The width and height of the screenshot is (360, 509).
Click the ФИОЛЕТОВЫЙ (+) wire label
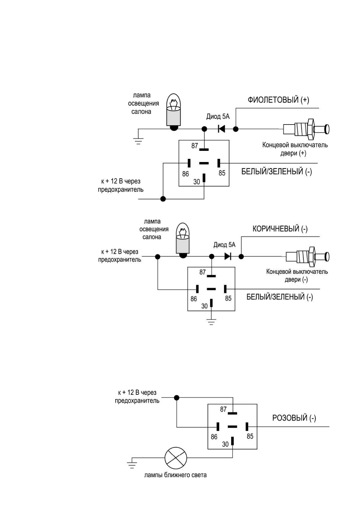(x=278, y=100)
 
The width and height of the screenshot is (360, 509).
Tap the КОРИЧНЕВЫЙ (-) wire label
(x=280, y=229)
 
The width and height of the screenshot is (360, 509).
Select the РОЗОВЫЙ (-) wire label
(x=294, y=418)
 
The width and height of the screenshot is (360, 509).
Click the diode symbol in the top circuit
(x=221, y=129)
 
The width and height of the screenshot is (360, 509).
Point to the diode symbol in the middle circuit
(x=228, y=257)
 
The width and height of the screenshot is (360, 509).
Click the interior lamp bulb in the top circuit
(x=174, y=112)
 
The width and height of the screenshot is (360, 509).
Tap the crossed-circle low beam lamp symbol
(x=176, y=458)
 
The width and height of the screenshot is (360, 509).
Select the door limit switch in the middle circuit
(x=307, y=257)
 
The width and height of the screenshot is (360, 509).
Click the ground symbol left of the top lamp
(x=138, y=141)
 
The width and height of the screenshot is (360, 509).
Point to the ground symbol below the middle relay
(x=211, y=322)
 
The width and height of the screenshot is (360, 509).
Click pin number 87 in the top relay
(x=195, y=146)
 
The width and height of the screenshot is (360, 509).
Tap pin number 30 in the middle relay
(x=205, y=306)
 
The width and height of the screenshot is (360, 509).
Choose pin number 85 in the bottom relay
(x=250, y=436)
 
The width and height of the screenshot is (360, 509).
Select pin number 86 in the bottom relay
(x=214, y=437)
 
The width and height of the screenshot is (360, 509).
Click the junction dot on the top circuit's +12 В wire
(x=163, y=199)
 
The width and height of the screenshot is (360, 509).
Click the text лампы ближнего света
(x=175, y=475)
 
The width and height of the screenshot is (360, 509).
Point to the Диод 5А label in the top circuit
(x=218, y=117)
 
